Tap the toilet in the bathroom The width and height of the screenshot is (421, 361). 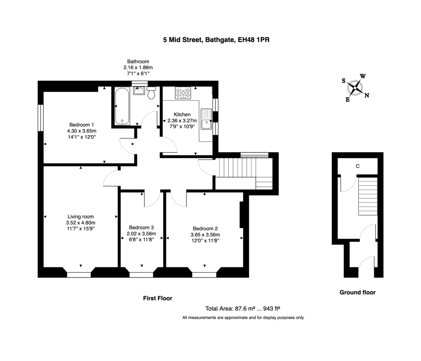(152, 93)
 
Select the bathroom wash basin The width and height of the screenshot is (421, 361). (139, 91)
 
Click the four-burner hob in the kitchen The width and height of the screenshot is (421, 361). (183, 93)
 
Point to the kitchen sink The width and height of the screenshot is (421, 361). (206, 119)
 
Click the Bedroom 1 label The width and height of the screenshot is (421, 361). (81, 125)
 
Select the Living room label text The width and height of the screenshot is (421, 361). (81, 216)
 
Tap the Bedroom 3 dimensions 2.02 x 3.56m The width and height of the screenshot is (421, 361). (141, 234)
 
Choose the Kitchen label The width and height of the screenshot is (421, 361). (182, 114)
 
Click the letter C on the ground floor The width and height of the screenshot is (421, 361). (357, 166)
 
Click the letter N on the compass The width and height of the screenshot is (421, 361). (367, 95)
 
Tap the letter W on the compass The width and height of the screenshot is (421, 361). (363, 76)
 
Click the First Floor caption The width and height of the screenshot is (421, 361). (158, 298)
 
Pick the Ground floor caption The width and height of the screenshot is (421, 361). (357, 292)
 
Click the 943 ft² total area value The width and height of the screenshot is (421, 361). (274, 308)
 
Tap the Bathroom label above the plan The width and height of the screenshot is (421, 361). (138, 61)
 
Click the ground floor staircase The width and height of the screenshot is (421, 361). (367, 196)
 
